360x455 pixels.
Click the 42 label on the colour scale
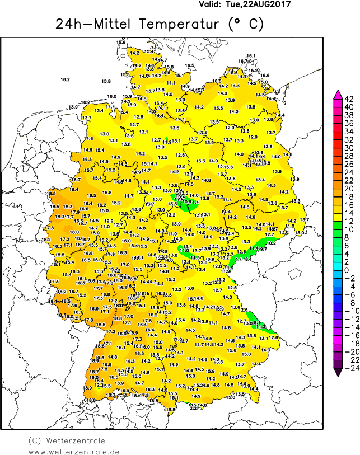point(348,98)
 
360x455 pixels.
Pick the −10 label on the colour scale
point(348,311)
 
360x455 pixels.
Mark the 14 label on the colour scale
point(348,213)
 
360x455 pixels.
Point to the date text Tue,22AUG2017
point(259,4)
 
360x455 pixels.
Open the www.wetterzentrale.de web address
point(74,451)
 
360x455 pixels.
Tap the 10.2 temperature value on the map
point(271,243)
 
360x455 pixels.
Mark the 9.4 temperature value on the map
point(239,259)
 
